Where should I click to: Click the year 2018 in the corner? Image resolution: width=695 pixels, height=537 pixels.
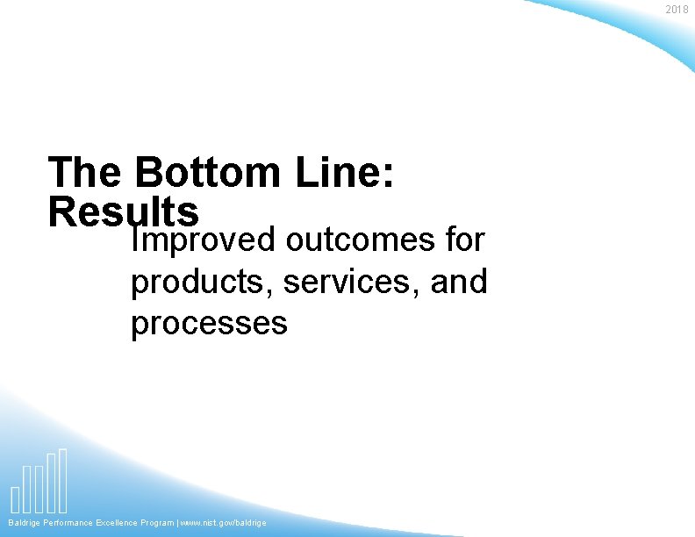click(677, 10)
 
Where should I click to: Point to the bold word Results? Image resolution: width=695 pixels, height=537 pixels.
click(125, 211)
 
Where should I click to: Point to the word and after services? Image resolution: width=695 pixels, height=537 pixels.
click(459, 282)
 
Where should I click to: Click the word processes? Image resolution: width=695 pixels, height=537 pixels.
click(209, 324)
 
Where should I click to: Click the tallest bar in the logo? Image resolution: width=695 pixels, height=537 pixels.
click(62, 480)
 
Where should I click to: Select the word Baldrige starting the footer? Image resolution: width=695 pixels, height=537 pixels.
click(24, 523)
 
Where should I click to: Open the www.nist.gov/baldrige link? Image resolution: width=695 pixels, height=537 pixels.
click(223, 523)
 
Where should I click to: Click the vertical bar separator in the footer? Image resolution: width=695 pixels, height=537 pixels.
click(177, 523)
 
